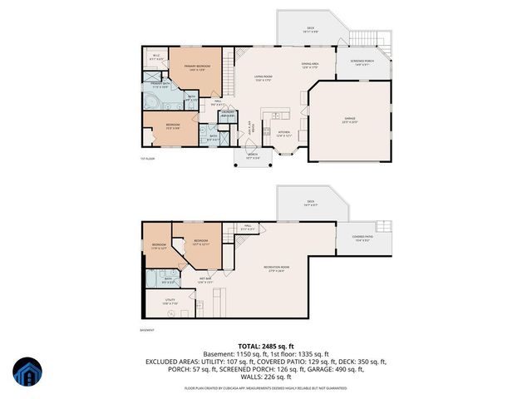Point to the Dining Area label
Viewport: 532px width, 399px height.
pos(310,66)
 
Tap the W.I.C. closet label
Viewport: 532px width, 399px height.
pos(156,57)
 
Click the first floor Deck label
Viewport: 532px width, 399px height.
pos(310,27)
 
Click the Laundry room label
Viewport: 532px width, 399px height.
pos(214,114)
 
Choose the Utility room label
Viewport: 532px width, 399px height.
pos(169,303)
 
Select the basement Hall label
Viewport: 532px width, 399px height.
pos(248,227)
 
